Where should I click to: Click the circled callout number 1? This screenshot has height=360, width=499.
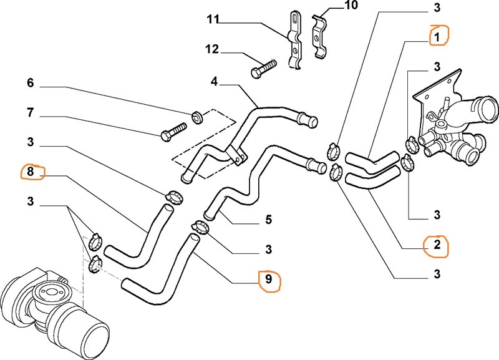(x=437, y=37)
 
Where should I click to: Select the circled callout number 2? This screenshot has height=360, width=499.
(x=437, y=246)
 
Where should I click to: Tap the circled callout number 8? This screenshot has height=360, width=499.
(x=30, y=171)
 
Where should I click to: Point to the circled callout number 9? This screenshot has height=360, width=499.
(x=269, y=281)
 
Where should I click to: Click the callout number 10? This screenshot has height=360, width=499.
(x=351, y=7)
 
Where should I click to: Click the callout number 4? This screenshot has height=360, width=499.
(x=214, y=81)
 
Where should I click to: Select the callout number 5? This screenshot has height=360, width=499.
(x=268, y=219)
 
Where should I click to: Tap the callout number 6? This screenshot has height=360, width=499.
(x=30, y=82)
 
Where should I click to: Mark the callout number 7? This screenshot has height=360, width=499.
(x=30, y=113)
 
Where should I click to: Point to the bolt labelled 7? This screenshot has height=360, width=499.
(x=174, y=132)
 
